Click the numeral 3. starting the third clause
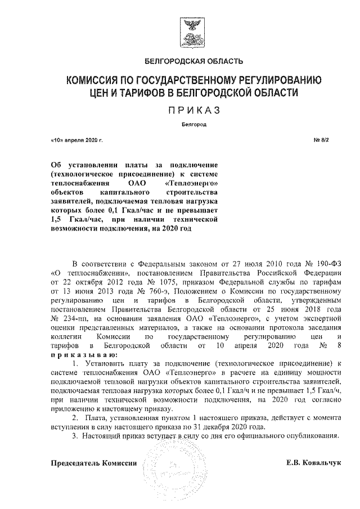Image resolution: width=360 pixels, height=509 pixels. click(x=76, y=436)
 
